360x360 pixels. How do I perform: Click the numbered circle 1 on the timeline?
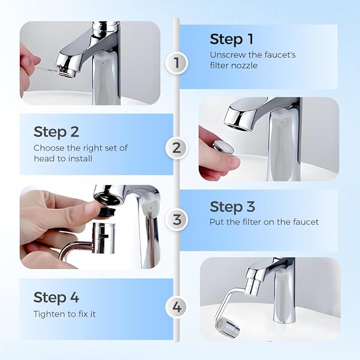tap(177, 64)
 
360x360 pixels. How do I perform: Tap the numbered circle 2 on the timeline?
tap(177, 147)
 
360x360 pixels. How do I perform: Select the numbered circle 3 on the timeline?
tap(177, 218)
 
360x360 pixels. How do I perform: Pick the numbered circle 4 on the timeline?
tap(177, 306)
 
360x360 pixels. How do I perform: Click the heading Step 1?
tap(232, 40)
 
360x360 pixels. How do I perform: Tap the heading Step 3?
tap(232, 207)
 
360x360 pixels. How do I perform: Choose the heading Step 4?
tap(56, 297)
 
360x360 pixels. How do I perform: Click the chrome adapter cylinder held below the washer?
tap(102, 238)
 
